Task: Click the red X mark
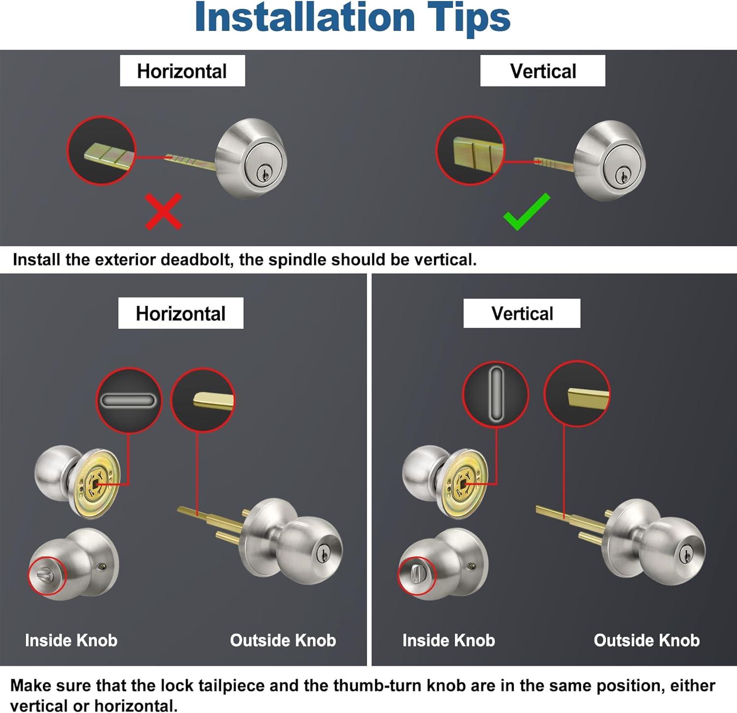[164, 211]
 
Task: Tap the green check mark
[527, 212]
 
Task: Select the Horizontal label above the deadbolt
[182, 71]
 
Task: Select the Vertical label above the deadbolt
[543, 71]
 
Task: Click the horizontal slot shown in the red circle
[129, 401]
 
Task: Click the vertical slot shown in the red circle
[496, 395]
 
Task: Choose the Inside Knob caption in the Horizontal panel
[71, 640]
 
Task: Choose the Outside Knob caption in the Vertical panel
[647, 640]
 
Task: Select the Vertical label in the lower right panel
[522, 314]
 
